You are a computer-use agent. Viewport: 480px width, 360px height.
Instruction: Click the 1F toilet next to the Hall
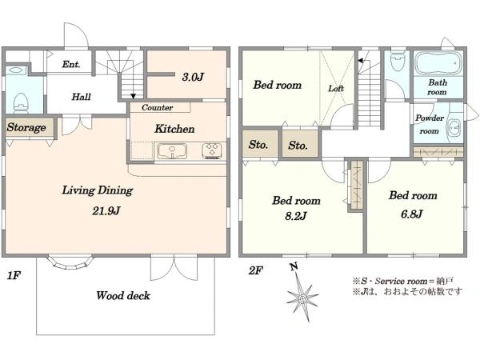coord(21,102)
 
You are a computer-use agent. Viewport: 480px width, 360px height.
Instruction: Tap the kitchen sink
coord(172,151)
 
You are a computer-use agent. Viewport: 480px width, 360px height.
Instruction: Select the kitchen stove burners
coord(212,151)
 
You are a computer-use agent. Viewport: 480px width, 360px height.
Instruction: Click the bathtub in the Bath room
coord(438,63)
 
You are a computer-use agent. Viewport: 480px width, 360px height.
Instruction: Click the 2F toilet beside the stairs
coord(398,61)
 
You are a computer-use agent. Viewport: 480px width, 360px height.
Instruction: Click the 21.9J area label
coord(106,211)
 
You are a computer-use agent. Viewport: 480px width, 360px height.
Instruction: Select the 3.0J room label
coord(193,77)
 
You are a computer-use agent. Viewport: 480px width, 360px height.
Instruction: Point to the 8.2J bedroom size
coord(296,217)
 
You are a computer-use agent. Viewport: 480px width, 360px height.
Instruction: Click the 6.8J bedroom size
coord(412,214)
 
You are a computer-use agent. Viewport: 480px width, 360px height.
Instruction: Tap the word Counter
coord(157,107)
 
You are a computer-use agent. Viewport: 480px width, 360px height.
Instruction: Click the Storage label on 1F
coord(26,127)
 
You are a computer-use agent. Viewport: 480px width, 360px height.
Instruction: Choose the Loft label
coord(336,89)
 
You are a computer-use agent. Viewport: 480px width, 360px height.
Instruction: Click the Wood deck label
coord(123,295)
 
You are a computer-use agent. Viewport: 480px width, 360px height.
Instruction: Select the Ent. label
coord(71,64)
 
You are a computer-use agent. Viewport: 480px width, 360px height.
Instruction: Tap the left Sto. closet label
coord(258,145)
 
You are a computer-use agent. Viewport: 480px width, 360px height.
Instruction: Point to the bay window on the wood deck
coord(70,262)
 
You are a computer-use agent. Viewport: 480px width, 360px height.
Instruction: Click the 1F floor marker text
coord(14,276)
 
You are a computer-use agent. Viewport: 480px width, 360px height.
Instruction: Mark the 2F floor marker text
coord(256,270)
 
